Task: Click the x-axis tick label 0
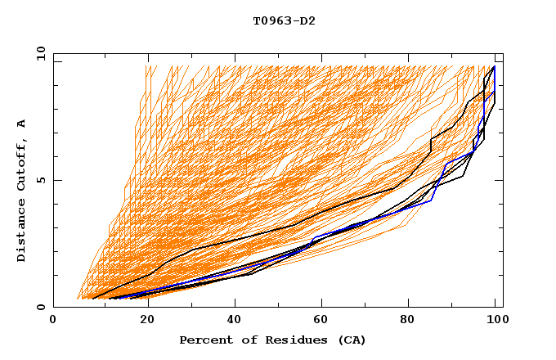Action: point(53,322)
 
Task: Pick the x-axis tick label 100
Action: point(495,322)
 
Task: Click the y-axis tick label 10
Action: point(38,54)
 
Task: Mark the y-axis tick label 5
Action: point(42,181)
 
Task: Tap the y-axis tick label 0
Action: point(42,308)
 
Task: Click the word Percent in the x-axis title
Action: point(204,340)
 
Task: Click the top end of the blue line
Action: point(494,67)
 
